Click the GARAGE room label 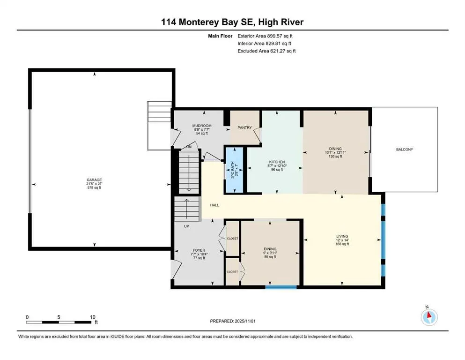[94, 180]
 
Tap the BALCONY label [404, 150]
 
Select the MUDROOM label [202, 126]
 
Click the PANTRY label [244, 127]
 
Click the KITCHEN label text [276, 162]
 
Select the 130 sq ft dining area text [335, 157]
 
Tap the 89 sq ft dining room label [270, 257]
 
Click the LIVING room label [342, 236]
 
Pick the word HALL [214, 205]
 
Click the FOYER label [199, 250]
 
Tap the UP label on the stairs [186, 226]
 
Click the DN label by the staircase [189, 147]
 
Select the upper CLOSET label [232, 238]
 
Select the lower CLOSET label [232, 271]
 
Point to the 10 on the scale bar [93, 317]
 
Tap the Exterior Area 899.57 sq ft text [267, 36]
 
